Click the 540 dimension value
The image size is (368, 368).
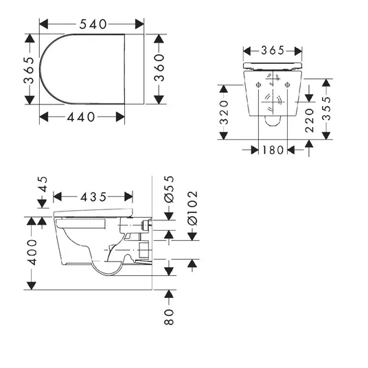[93, 24]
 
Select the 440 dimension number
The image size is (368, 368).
[81, 117]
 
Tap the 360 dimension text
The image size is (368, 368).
[159, 67]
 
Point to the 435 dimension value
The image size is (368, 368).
[93, 197]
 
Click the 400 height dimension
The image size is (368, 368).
[32, 252]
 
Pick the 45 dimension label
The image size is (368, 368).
[43, 184]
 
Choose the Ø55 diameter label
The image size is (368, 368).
[169, 189]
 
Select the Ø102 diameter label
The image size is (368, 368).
[193, 208]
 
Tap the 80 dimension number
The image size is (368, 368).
[169, 317]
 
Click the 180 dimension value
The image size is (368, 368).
[273, 150]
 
